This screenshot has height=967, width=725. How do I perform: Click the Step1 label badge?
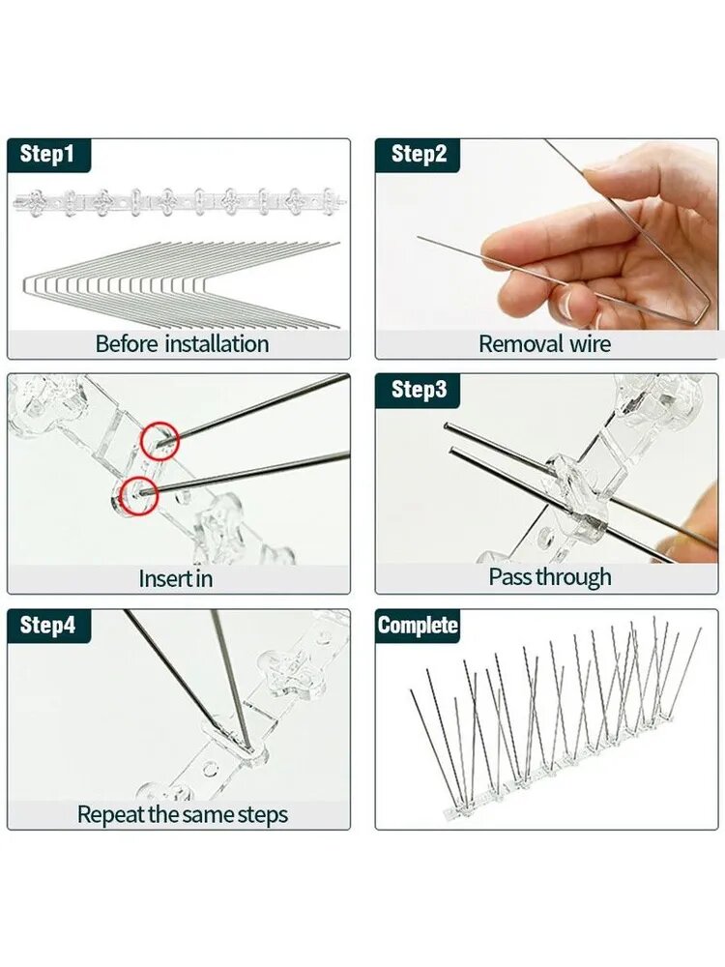coord(48,154)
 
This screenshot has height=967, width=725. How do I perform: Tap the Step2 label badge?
coord(419,154)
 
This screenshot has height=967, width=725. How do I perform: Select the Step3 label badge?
coord(419,390)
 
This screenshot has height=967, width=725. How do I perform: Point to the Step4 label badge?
coord(48,626)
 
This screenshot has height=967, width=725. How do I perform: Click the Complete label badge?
coord(418,626)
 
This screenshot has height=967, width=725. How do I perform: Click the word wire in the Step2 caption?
coord(591,343)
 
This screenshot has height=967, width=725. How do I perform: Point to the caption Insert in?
coord(176,578)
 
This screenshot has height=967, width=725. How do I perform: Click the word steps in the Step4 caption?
coord(263,815)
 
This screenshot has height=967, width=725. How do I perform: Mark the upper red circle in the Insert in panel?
coord(159,441)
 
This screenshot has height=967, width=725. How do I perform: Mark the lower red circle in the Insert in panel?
coord(138,495)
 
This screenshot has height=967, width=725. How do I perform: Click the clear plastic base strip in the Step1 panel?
coord(179,202)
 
